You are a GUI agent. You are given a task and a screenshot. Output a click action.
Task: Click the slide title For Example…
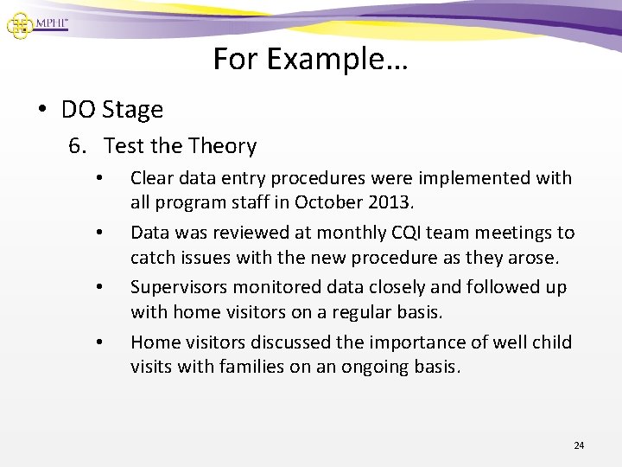311,59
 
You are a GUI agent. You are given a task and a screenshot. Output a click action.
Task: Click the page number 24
579,445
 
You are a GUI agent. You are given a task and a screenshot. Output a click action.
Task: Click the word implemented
479,178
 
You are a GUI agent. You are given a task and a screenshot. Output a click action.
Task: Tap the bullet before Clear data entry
101,179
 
